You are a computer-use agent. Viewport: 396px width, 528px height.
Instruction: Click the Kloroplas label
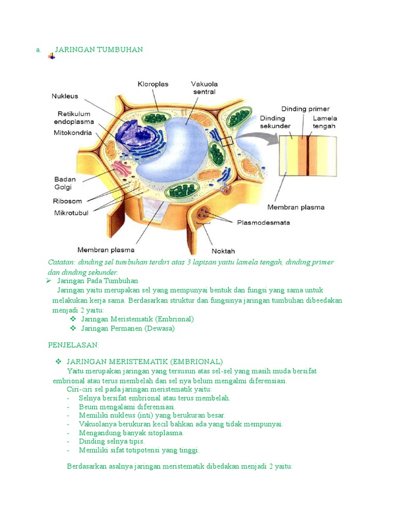153,84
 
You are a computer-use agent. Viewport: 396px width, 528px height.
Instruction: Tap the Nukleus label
64,96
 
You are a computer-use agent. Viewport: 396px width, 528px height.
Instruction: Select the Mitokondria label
73,133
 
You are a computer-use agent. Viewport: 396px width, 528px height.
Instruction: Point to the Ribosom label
68,202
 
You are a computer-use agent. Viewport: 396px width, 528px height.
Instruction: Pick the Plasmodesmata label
263,223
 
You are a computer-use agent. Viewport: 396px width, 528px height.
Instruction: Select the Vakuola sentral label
204,88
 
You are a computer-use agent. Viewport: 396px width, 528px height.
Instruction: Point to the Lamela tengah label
324,122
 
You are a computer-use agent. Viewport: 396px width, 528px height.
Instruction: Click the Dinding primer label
302,109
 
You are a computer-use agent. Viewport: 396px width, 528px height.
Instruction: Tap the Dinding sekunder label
275,122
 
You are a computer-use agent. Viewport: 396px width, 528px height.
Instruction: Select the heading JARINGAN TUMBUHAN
98,49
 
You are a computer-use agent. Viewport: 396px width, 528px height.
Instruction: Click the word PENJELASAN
73,344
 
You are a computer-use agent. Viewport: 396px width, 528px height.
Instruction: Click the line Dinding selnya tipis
111,441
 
